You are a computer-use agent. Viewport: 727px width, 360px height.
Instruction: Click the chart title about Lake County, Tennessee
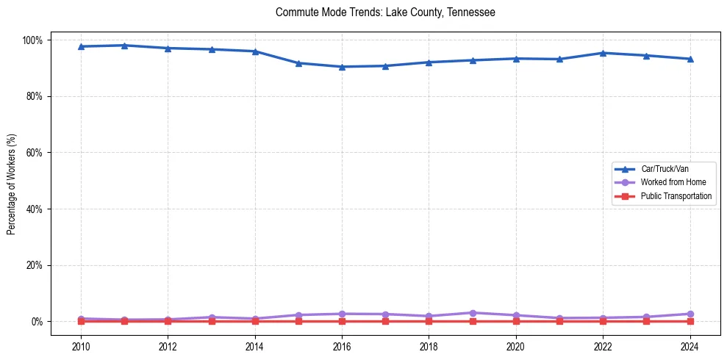[385, 12]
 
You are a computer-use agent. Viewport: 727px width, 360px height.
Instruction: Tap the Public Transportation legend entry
[676, 196]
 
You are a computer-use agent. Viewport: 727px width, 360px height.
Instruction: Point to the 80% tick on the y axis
[35, 96]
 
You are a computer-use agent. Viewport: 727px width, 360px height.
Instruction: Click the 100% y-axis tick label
[34, 40]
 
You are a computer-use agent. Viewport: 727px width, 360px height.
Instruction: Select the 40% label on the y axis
[35, 209]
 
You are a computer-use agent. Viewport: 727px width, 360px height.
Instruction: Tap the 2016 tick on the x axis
[342, 347]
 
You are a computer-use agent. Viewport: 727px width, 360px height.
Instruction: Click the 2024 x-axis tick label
[690, 347]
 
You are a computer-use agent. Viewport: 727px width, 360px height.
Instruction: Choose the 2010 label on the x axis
[81, 347]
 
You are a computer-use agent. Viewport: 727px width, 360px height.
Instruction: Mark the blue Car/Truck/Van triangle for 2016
[342, 67]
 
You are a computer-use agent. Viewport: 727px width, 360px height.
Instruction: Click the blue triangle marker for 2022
[604, 53]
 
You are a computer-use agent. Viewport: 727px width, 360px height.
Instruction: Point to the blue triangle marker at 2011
[124, 46]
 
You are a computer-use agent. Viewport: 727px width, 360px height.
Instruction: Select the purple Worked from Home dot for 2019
[473, 313]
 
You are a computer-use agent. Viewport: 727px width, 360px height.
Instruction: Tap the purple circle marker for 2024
[690, 314]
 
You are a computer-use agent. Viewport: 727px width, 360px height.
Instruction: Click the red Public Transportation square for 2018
[429, 321]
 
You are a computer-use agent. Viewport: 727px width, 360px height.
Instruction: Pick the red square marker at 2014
[255, 321]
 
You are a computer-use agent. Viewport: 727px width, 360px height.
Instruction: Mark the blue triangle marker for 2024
[690, 59]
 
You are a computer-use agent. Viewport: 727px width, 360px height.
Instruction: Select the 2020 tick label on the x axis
[516, 347]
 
